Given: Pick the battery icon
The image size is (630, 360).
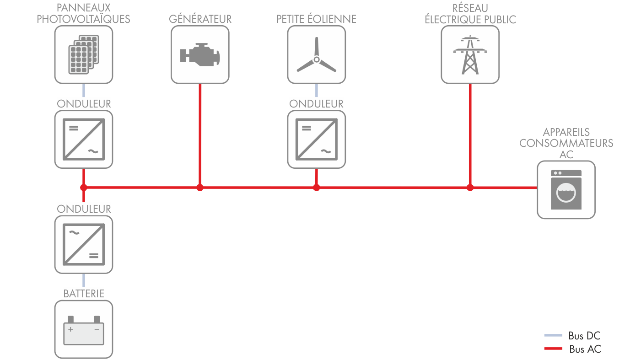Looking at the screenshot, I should (x=83, y=329).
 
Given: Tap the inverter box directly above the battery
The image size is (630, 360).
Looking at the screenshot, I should (x=83, y=244).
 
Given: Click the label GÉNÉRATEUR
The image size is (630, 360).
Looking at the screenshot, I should (x=200, y=19).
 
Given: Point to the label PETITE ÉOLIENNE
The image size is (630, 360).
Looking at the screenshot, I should (x=316, y=19).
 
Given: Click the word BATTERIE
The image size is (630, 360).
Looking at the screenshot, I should (x=83, y=293).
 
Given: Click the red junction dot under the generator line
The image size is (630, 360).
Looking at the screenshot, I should (x=199, y=187).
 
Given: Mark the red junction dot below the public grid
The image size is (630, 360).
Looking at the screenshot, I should (x=470, y=187).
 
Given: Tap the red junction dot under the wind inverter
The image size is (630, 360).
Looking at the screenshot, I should (x=316, y=187).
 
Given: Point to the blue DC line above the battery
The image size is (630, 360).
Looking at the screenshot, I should (x=83, y=280).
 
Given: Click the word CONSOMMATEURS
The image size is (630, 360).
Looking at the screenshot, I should (x=566, y=143).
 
